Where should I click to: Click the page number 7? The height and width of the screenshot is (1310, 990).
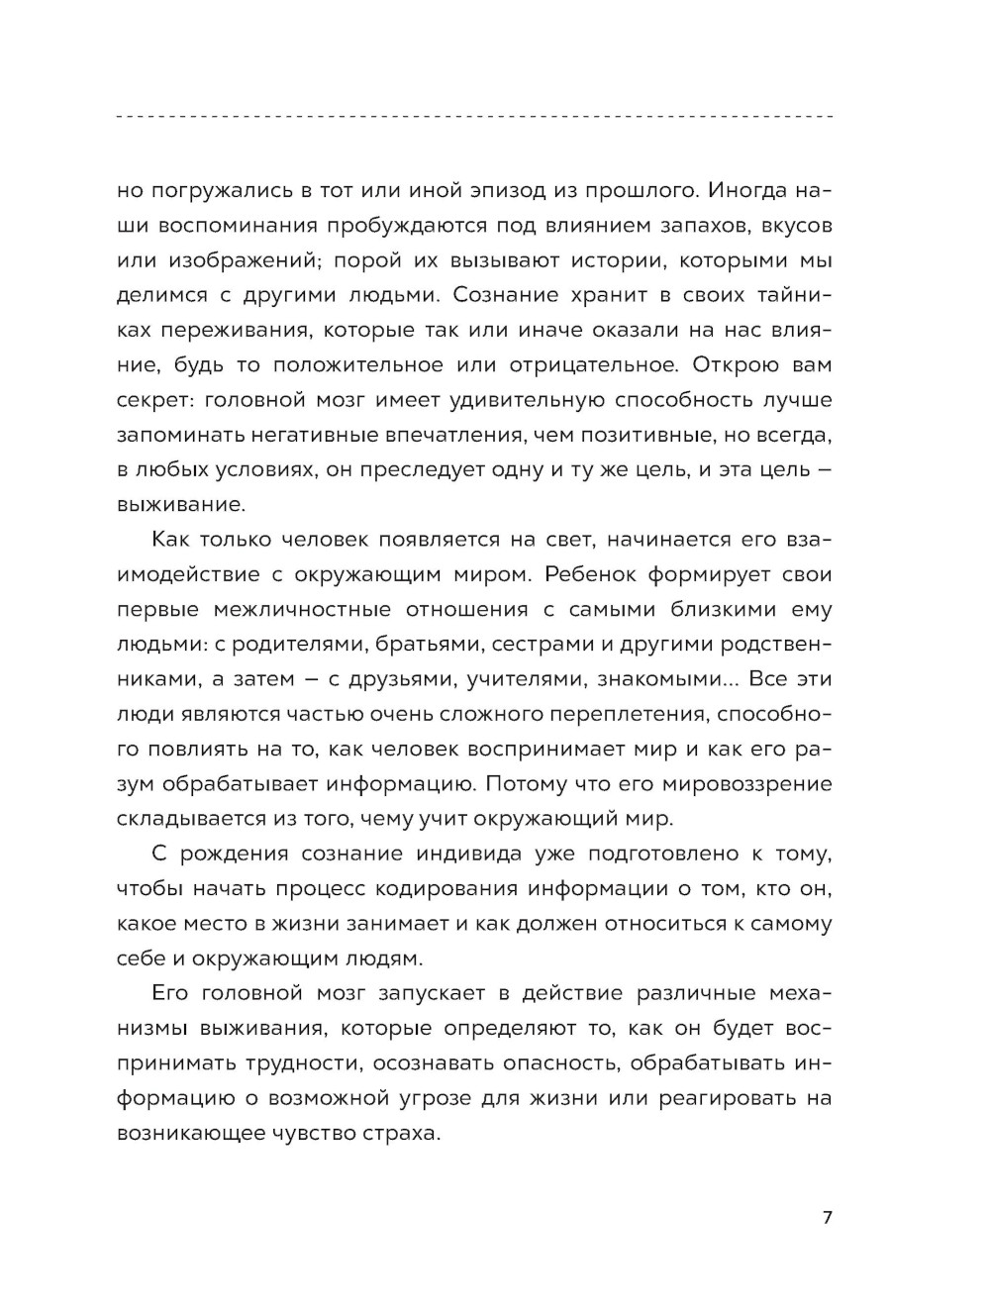click(828, 1218)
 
